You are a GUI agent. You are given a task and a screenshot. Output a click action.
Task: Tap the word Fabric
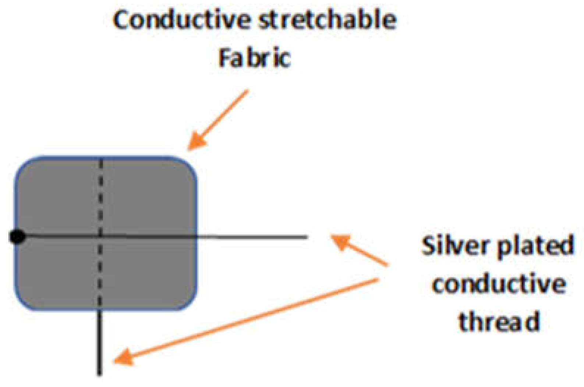click(255, 58)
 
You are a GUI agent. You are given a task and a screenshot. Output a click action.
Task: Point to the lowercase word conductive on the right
click(499, 284)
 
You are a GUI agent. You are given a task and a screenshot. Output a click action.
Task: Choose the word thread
click(499, 321)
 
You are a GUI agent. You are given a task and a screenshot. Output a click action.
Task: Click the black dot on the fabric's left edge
click(17, 236)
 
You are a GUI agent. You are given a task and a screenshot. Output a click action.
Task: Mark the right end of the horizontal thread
click(307, 237)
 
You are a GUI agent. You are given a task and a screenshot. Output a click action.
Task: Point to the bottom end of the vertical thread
click(99, 374)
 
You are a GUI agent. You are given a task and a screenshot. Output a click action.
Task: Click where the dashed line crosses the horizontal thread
click(100, 236)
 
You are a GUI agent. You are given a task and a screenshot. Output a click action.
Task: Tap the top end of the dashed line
click(101, 160)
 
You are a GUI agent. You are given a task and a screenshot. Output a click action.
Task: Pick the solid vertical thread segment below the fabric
click(99, 342)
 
